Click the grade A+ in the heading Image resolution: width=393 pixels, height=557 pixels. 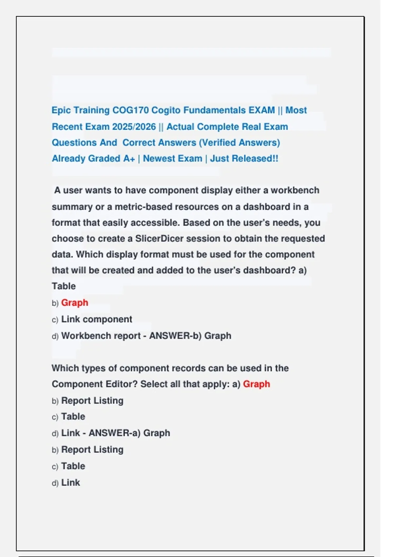tap(129, 159)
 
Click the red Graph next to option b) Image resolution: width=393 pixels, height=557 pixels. tap(75, 302)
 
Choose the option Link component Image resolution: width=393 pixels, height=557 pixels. tap(97, 319)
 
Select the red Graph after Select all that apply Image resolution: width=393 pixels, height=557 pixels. tap(256, 384)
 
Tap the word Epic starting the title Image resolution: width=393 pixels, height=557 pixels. tap(61, 110)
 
